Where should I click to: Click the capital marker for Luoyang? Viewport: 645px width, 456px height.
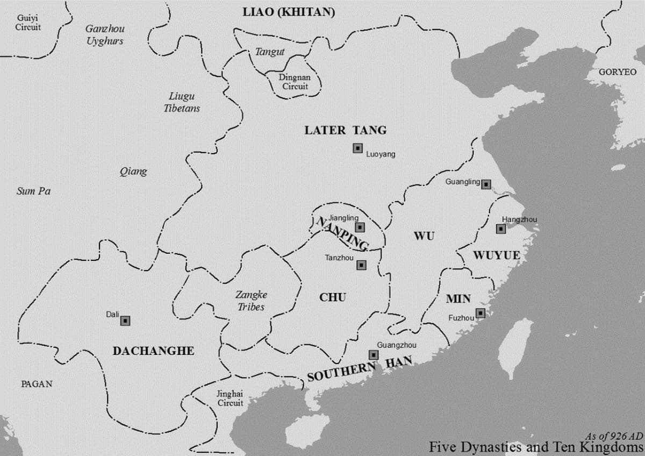357,148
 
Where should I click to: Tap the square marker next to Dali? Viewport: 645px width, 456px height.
125,320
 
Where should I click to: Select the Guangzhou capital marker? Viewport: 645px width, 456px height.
373,354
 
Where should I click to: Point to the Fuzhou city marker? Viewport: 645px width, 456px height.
480,313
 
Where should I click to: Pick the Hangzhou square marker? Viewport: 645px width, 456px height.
500,229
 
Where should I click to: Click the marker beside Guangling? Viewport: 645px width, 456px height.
486,184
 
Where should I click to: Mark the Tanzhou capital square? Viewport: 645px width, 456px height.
361,265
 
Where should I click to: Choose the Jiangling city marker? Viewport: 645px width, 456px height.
360,227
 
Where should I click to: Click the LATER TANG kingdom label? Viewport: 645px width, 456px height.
345,130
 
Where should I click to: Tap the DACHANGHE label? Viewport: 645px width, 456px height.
153,351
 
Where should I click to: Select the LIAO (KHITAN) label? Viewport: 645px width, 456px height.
289,12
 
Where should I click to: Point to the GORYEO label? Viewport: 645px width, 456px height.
617,72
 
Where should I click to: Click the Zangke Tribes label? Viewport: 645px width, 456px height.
251,301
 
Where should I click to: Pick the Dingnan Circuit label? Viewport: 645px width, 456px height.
294,82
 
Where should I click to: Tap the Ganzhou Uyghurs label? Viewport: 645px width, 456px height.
104,34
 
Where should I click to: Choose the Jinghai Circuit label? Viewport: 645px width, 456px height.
230,398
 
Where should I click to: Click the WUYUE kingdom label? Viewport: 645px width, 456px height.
496,255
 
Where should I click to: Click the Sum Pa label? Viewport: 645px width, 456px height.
33,191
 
